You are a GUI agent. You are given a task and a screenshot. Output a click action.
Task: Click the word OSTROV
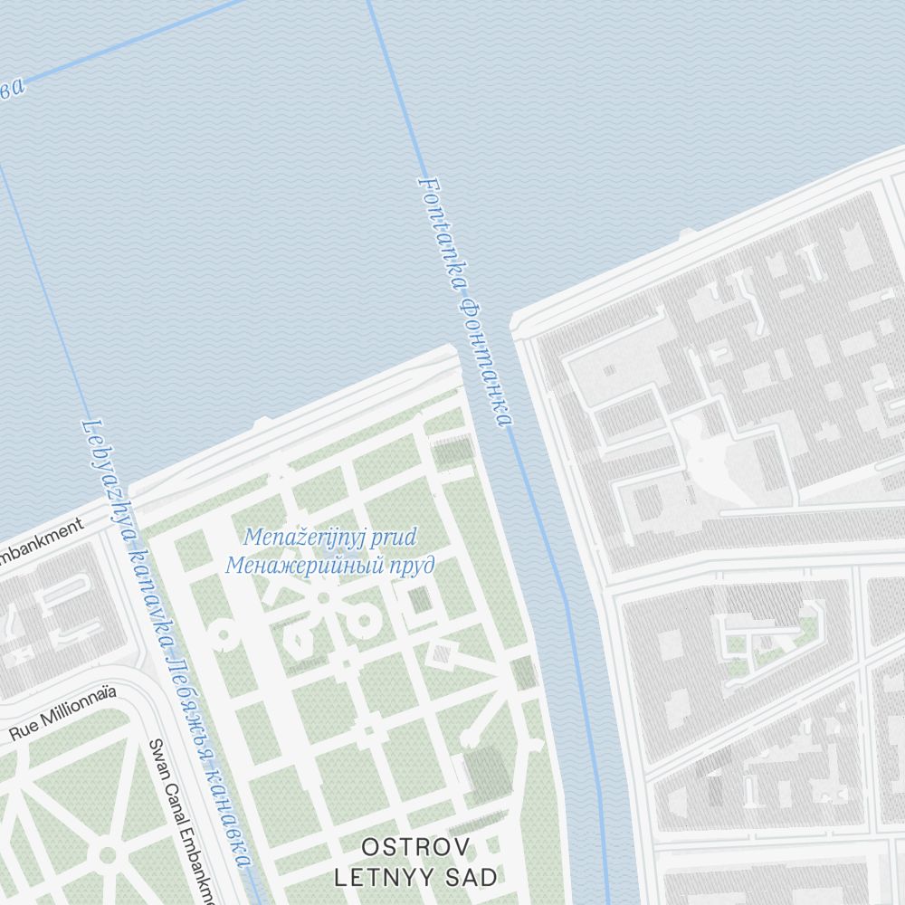415,848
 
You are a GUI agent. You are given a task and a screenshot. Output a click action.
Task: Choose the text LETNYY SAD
415,877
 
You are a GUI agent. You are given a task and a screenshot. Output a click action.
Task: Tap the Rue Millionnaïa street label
63,715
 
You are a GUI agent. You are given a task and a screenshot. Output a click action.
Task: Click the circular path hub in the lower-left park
108,854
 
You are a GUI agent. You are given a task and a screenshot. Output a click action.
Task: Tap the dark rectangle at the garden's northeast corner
453,452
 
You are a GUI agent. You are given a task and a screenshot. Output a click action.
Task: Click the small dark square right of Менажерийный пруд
418,599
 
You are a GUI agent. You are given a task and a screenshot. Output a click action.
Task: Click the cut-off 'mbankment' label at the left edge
41,540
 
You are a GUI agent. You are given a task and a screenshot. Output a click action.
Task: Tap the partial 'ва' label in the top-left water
11,89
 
